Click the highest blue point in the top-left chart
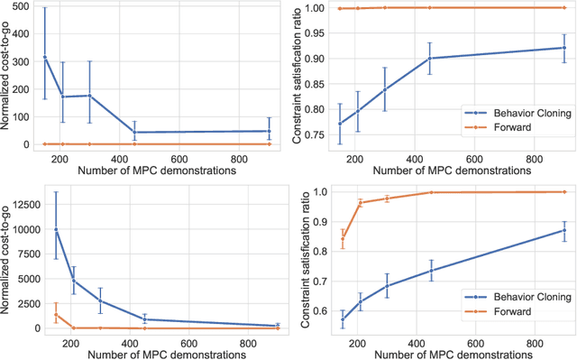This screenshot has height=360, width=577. [x=44, y=57]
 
